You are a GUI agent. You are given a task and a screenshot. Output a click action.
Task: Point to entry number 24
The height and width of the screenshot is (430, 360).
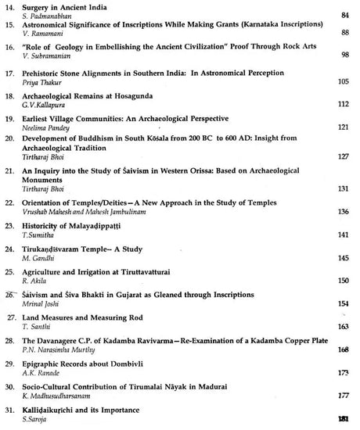click(10, 249)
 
